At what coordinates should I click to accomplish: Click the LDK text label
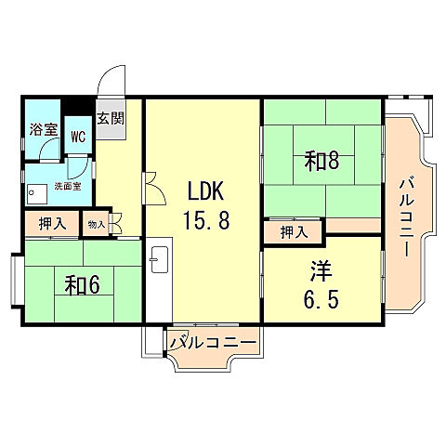[204, 192]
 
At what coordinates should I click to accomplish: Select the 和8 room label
[321, 161]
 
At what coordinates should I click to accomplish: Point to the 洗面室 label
[67, 186]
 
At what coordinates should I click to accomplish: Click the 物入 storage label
[96, 224]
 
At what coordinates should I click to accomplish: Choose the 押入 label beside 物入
[52, 224]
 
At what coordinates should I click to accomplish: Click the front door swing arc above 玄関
[113, 79]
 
